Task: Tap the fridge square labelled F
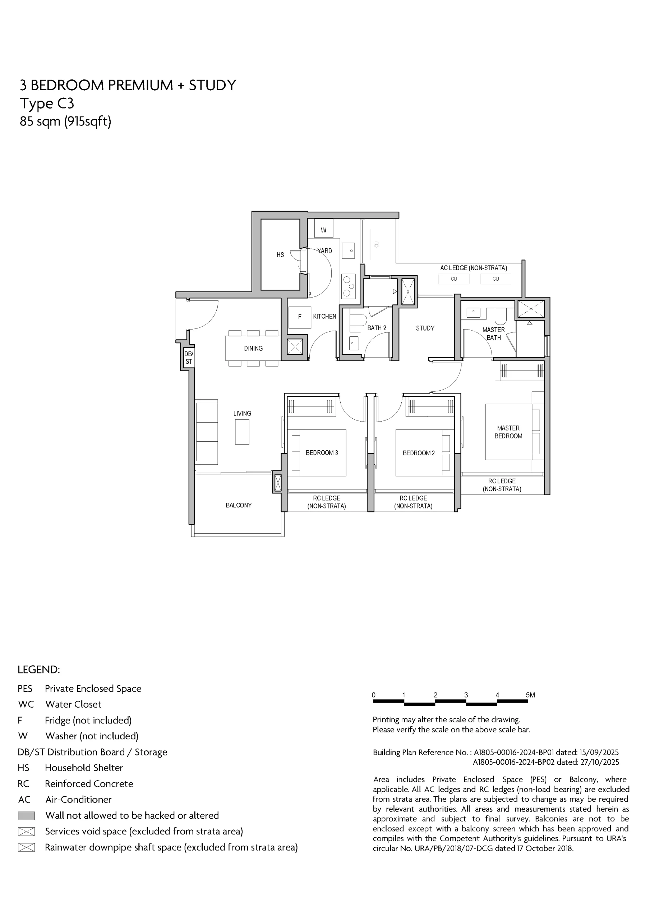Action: pos(300,317)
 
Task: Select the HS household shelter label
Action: pos(280,255)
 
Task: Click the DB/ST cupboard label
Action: pos(188,358)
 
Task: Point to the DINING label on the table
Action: pos(253,349)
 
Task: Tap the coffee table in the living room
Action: pos(242,432)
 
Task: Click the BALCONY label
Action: pos(239,505)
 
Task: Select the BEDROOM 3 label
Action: pos(322,453)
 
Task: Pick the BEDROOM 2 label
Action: pos(419,453)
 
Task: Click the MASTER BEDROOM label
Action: pos(508,432)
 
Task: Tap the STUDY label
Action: pos(425,328)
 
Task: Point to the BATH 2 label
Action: pos(377,328)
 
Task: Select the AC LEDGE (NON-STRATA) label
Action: pos(474,268)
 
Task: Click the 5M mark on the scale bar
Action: pos(530,695)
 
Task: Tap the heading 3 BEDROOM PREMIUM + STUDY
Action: pos(128,85)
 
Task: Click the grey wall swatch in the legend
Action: pos(27,815)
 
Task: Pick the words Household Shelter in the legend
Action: pos(84,768)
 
